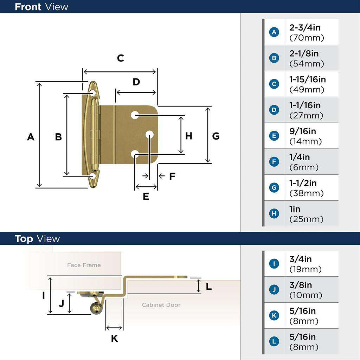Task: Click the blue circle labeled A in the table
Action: (x=274, y=32)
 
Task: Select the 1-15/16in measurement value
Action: (x=307, y=79)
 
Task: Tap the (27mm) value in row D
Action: (x=306, y=116)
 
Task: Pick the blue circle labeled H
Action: (x=274, y=214)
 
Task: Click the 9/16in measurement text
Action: (x=303, y=131)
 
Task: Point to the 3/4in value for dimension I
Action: (x=300, y=259)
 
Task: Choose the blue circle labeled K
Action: (x=274, y=316)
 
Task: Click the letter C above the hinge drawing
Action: (x=121, y=58)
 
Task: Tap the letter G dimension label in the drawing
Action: (x=216, y=136)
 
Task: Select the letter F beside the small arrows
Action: (x=172, y=176)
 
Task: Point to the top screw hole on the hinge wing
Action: (x=93, y=93)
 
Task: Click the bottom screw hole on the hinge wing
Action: (x=93, y=175)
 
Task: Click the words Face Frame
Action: (x=84, y=265)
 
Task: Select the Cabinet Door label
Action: (x=161, y=305)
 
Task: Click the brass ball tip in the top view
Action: (x=96, y=308)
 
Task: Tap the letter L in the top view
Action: (x=208, y=287)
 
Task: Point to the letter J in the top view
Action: (x=62, y=303)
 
